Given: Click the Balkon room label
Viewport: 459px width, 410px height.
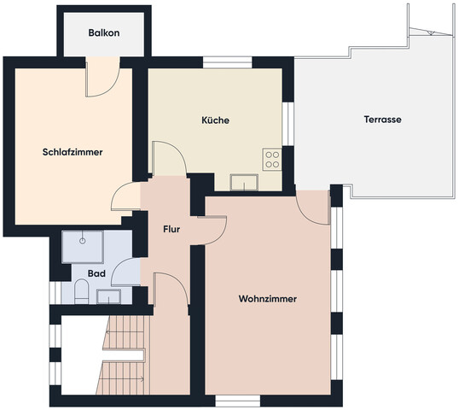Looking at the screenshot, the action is [104, 32].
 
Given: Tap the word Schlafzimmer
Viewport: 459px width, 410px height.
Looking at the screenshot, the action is [73, 152].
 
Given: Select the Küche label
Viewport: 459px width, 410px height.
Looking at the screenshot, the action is [216, 120].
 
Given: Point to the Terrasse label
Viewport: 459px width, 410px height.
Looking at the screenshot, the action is [382, 120].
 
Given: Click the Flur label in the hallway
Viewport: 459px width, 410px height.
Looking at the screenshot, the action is [171, 229].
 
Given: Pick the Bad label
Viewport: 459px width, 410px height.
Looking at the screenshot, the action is [96, 273].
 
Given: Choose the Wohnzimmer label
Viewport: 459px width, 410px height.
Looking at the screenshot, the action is [268, 299].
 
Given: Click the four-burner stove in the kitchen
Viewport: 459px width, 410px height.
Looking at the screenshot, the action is [272, 160].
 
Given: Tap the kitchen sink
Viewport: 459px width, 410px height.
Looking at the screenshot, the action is [244, 182].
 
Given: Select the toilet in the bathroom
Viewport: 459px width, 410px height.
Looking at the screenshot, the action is [82, 291].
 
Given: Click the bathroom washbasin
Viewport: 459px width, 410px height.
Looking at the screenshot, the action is [108, 296].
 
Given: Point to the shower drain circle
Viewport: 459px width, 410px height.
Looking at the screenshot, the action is [83, 241].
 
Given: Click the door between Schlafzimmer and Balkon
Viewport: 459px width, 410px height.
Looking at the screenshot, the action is [102, 77].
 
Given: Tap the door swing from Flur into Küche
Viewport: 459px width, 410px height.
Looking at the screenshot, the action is [169, 159].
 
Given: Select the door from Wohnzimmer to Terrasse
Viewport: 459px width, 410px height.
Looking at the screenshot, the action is [313, 208].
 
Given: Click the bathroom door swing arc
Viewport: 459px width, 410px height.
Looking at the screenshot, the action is [125, 272].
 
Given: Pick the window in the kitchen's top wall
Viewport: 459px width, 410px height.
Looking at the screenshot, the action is [228, 62].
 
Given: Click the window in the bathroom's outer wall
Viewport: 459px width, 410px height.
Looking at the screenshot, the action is [55, 293].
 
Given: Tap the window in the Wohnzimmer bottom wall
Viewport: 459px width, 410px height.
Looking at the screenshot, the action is [238, 401].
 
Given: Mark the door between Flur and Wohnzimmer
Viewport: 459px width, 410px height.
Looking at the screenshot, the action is [212, 230].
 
